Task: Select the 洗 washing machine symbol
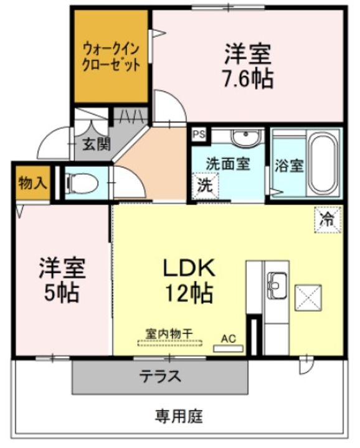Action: pos(204,185)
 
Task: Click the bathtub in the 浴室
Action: pos(323,164)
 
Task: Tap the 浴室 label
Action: pos(289,166)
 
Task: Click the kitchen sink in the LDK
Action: pos(275,287)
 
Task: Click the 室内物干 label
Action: pos(169,334)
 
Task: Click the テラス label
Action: pos(160,376)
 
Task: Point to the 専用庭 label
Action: pos(179,415)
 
